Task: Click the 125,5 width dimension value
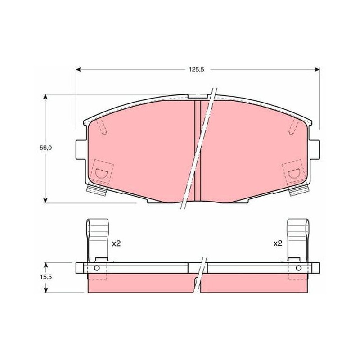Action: click(x=196, y=69)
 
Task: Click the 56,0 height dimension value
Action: click(x=46, y=148)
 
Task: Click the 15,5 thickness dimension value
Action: click(x=46, y=277)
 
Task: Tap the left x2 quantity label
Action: click(x=116, y=243)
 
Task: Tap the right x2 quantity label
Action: click(x=278, y=243)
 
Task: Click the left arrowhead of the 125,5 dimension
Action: click(x=78, y=69)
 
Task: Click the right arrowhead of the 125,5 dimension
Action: click(x=317, y=69)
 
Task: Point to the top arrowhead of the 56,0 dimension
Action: click(x=45, y=97)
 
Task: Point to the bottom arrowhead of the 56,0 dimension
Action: click(x=45, y=200)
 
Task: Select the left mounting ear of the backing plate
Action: click(x=81, y=150)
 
